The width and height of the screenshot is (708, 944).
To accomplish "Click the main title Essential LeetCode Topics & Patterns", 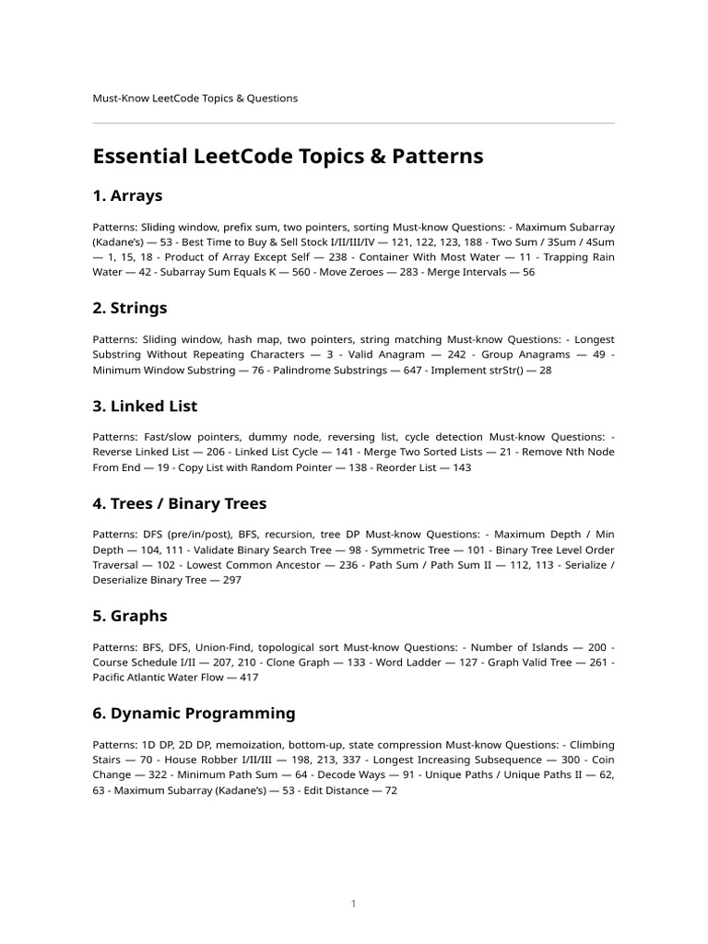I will coord(288,157).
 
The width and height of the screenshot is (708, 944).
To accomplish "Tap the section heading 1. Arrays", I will coord(127,195).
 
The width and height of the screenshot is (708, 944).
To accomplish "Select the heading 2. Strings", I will coord(130,308).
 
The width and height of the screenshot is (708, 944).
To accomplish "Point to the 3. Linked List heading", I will coord(145,406).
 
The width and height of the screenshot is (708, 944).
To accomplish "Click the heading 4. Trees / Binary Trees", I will coord(180,503).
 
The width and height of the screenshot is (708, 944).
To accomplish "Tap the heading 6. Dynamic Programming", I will coord(194,714).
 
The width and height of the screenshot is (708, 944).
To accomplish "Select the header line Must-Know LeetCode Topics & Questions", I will coord(195,98).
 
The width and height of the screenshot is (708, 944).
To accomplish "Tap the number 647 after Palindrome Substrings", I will coord(419,371).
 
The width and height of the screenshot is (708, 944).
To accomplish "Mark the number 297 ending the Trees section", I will coord(233,581).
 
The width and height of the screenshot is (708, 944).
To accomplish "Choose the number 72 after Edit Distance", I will coord(390,791).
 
